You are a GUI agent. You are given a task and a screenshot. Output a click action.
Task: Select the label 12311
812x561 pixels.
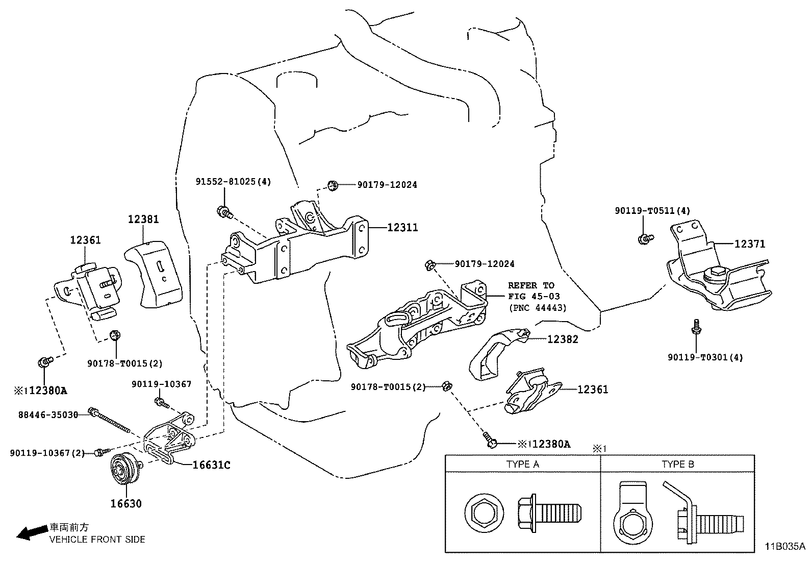click(x=402, y=228)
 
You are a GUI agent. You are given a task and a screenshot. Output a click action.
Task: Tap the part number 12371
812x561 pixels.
click(x=750, y=245)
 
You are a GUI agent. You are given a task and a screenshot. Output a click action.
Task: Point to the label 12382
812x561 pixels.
click(x=563, y=339)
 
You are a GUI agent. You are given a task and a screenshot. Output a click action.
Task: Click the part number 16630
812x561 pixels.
click(x=126, y=504)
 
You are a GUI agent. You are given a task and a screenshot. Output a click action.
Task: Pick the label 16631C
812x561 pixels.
click(x=211, y=465)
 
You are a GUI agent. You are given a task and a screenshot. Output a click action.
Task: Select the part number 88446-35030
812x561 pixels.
click(x=44, y=416)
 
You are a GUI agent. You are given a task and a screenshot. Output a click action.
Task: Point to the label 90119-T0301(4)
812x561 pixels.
click(x=705, y=358)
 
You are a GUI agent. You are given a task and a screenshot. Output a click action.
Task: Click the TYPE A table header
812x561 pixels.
click(x=522, y=464)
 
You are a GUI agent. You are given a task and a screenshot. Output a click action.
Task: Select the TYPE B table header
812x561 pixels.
click(x=677, y=464)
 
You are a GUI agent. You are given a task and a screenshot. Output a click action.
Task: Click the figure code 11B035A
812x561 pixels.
click(x=784, y=547)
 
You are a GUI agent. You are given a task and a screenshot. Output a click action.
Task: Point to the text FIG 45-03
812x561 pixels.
click(x=534, y=297)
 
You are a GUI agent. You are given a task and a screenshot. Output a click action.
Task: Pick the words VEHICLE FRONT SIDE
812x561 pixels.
click(x=97, y=540)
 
